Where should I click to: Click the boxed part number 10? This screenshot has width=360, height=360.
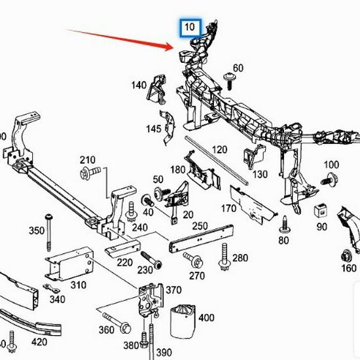189,27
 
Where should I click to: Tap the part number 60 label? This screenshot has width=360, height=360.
238,68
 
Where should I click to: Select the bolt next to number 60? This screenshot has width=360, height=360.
230,81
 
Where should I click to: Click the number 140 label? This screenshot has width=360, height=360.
139,85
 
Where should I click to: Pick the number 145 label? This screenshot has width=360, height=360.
153,129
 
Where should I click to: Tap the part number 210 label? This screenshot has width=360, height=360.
88,160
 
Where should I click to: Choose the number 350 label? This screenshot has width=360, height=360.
36,230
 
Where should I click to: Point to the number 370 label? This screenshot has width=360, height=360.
173,290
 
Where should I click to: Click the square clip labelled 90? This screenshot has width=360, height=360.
320,211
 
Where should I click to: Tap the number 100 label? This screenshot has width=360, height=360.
331,164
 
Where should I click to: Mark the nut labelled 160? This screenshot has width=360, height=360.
347,257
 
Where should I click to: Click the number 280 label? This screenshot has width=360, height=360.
240,258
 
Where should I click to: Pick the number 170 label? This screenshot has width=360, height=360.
228,209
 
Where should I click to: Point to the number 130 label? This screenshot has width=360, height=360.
261,174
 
